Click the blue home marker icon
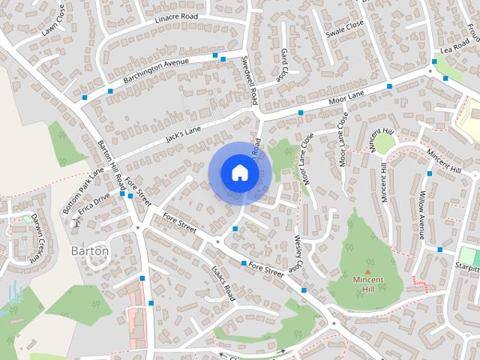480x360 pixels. click(x=239, y=172)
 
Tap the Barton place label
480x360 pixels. click(x=90, y=250)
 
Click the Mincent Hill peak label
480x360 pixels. click(x=367, y=283)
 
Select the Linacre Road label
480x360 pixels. click(x=175, y=16)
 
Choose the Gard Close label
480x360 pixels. click(x=283, y=64)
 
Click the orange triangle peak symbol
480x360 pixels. click(x=367, y=272)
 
